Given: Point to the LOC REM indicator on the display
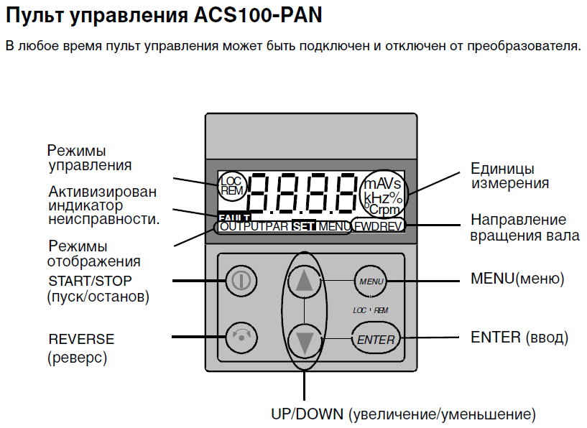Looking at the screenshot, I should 231,186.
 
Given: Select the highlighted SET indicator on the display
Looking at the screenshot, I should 305,226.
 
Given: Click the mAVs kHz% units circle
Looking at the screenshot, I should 382,192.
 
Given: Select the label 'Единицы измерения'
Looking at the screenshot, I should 509,175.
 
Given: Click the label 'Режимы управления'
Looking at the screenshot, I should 89,158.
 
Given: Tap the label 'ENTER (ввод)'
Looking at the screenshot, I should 519,337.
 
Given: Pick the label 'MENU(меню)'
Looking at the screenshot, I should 517,278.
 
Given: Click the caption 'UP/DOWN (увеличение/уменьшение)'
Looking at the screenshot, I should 403,414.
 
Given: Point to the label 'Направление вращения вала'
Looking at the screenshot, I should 524,227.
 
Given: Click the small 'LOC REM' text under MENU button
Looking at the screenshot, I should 371,311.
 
